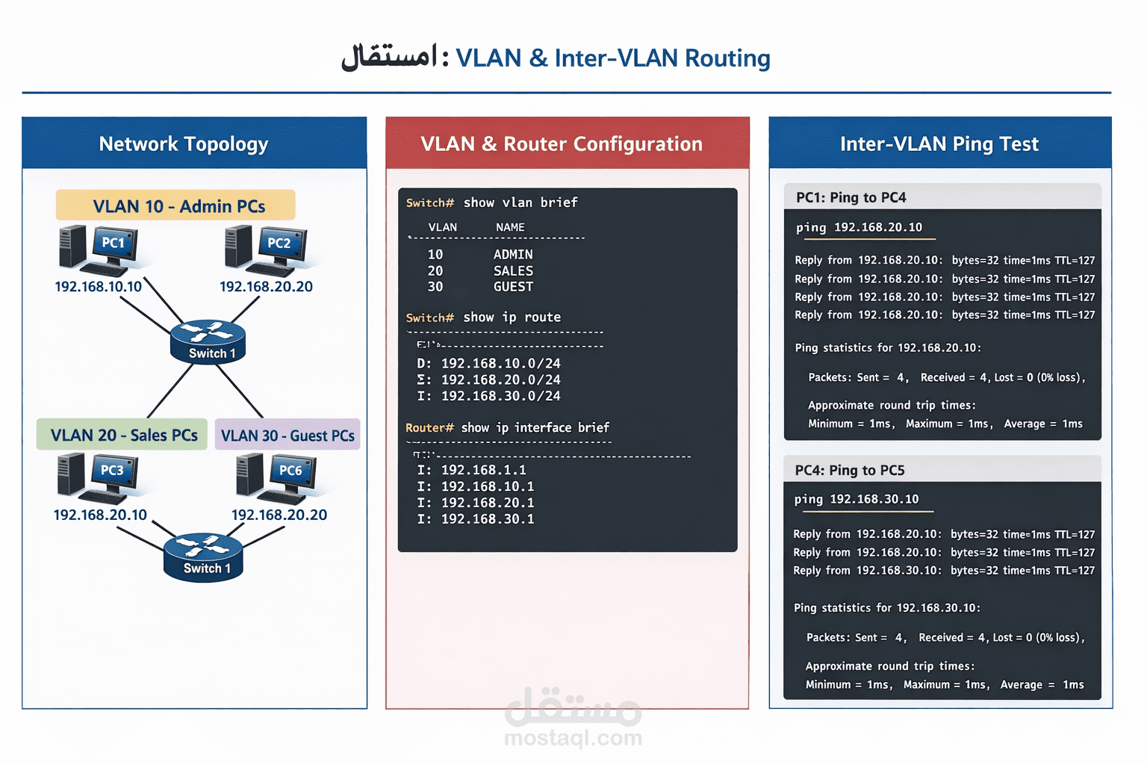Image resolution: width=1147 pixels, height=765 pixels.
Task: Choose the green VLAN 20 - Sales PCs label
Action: click(x=122, y=435)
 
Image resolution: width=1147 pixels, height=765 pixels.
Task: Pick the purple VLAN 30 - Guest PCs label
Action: click(x=287, y=435)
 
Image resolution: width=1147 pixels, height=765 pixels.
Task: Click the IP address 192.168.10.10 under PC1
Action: click(x=98, y=287)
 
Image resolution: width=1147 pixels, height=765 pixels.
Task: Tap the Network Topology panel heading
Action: click(x=184, y=143)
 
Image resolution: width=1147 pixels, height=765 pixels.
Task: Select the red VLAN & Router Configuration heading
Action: click(x=562, y=143)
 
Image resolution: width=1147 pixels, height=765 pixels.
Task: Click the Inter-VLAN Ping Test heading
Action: click(x=939, y=143)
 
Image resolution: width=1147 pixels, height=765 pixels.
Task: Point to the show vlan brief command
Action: click(x=520, y=202)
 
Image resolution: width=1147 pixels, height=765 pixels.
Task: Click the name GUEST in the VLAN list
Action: click(x=513, y=287)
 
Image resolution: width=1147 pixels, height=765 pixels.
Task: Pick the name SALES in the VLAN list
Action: click(x=513, y=271)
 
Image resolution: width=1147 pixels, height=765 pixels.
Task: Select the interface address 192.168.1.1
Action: click(x=483, y=470)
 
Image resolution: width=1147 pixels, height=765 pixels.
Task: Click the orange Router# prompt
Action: click(x=429, y=427)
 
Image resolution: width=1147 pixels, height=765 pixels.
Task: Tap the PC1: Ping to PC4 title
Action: click(x=851, y=197)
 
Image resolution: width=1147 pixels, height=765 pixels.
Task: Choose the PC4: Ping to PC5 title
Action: click(x=849, y=470)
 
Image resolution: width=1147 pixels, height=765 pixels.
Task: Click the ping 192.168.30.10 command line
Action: click(x=856, y=499)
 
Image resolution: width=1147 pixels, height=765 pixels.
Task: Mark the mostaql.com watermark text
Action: click(x=573, y=738)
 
